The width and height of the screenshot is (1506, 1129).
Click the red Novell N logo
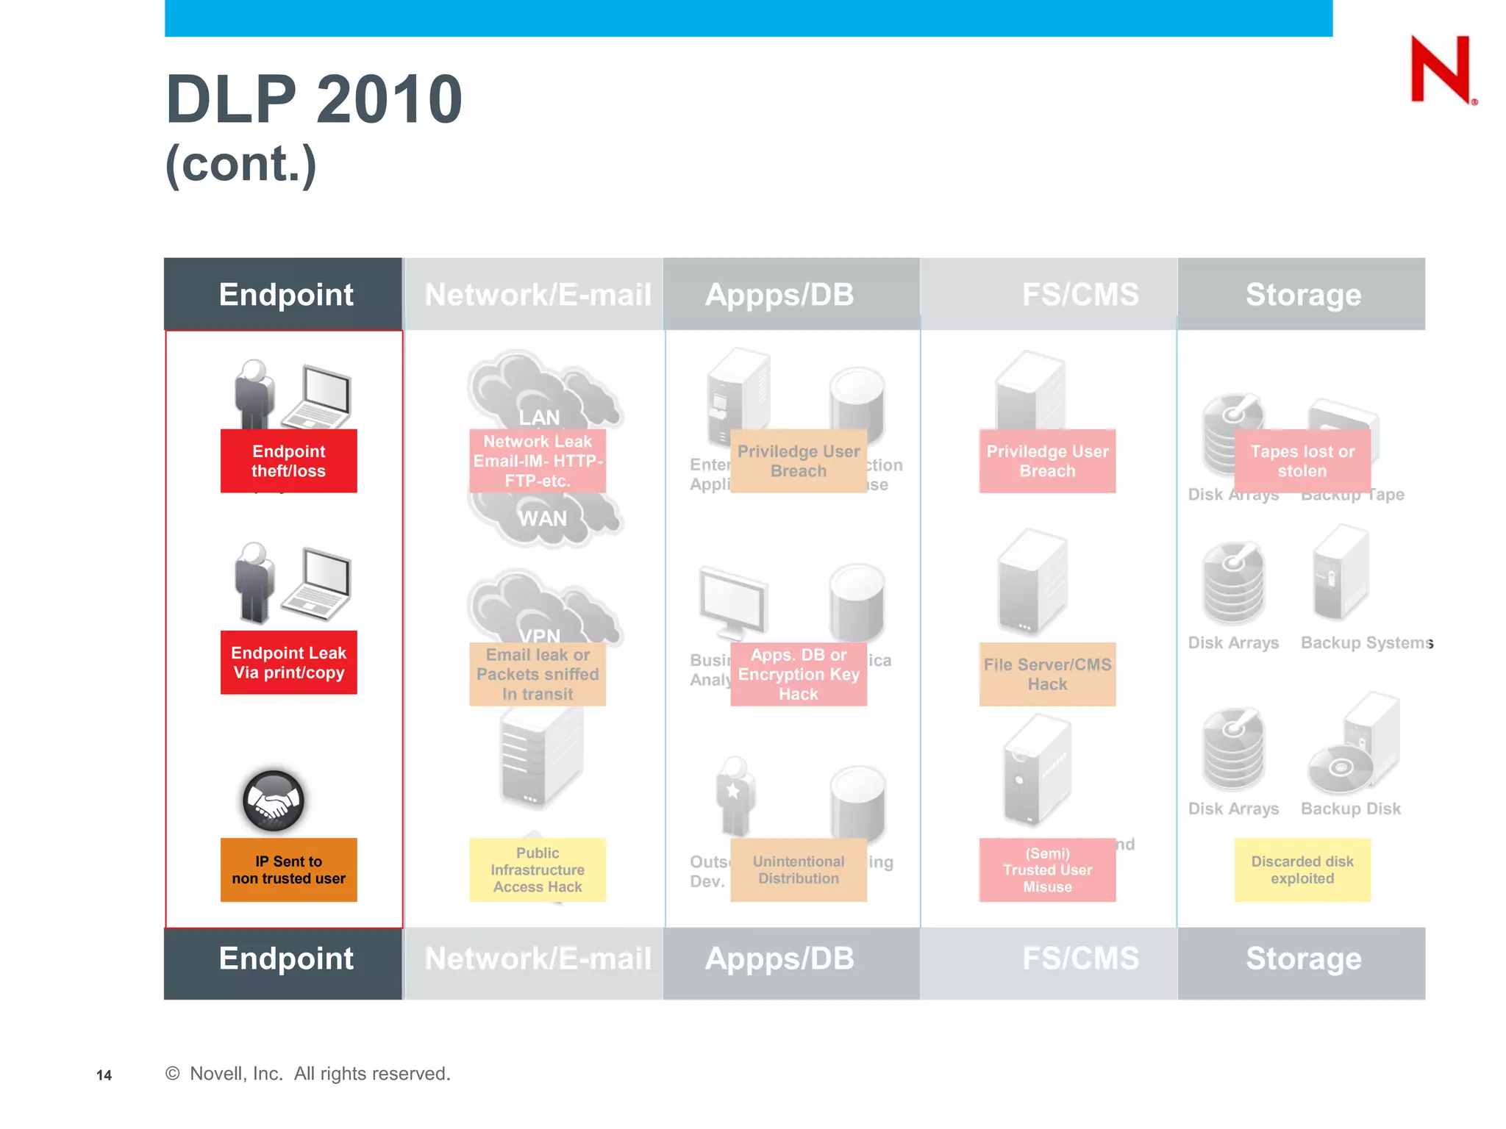pos(1441,69)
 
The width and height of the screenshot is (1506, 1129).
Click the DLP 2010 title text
pos(314,99)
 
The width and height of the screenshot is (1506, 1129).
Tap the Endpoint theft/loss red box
pos(288,461)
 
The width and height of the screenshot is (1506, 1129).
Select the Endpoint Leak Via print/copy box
pos(288,662)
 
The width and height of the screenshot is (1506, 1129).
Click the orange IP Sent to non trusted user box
pos(288,870)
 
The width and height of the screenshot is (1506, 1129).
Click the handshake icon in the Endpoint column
pos(273,800)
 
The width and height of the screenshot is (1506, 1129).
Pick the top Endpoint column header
pos(285,294)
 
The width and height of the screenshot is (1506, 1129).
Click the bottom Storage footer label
pos(1302,958)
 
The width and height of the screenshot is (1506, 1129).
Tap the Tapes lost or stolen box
pos(1302,461)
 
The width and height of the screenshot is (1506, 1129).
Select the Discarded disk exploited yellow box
pos(1302,870)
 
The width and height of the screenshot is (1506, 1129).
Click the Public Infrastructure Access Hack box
pos(538,870)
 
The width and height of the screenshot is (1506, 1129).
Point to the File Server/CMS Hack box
pos(1047,674)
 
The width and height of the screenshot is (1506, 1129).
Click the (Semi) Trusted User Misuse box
pos(1047,870)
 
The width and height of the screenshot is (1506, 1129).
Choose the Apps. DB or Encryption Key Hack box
pos(798,674)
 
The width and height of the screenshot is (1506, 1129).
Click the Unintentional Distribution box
pos(798,870)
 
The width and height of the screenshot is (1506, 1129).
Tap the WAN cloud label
pos(542,519)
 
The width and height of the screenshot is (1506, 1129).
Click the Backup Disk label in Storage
pos(1350,809)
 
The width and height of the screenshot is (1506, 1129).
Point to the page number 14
pos(104,1075)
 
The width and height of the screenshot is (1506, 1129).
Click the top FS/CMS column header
pos(1079,294)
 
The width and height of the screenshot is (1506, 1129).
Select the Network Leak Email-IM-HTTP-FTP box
pos(538,461)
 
